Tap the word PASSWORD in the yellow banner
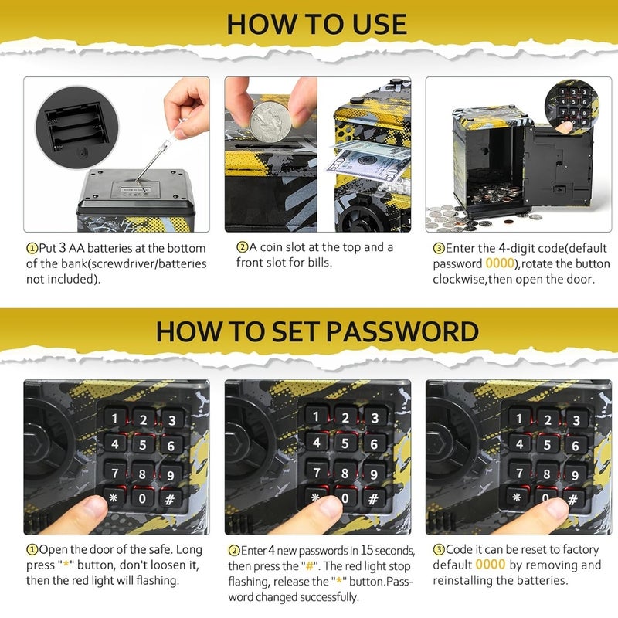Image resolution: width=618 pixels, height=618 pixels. (x=402, y=331)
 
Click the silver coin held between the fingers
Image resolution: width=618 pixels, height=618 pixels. (x=271, y=122)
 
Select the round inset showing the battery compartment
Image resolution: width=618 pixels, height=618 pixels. (x=76, y=127)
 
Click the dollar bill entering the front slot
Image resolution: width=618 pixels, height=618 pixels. (x=366, y=161)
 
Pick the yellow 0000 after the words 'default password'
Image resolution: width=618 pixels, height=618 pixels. (x=500, y=263)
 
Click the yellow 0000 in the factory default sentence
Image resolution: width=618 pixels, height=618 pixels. (x=491, y=565)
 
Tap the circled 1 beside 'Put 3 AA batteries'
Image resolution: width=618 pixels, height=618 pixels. (x=32, y=248)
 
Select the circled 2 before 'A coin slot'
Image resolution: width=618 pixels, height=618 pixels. (x=242, y=247)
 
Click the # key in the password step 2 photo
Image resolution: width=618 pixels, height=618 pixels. (x=372, y=499)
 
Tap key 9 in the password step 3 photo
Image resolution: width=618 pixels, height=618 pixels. (x=575, y=474)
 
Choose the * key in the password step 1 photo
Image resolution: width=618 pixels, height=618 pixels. (x=114, y=497)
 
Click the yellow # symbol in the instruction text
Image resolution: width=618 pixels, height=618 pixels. (x=310, y=566)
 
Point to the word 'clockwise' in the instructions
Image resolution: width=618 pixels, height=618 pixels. (x=458, y=279)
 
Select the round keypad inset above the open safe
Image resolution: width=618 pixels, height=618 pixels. (x=571, y=105)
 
